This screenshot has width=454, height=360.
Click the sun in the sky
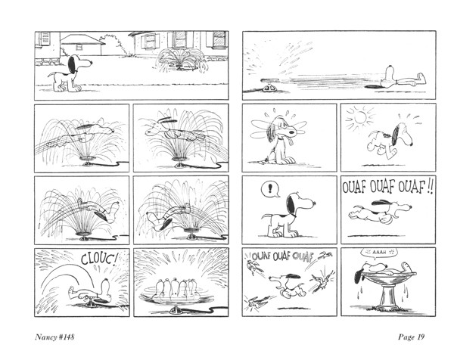pos(360,117)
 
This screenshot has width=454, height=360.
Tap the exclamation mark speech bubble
pos(270,189)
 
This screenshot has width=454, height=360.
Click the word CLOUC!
pos(99,259)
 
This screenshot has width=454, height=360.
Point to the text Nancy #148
pos(54,337)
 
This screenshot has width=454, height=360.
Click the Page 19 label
pos(411,337)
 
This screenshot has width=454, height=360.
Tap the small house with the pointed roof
pos(82,45)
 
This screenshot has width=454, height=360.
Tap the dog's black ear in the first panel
pos(72,64)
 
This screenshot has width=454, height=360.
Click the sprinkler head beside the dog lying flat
pos(269,86)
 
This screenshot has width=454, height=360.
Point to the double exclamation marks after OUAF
pos(430,188)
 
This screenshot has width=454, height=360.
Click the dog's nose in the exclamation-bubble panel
pos(313,204)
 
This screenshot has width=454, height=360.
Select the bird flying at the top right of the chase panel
pos(325,255)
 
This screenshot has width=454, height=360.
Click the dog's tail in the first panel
pos(53,75)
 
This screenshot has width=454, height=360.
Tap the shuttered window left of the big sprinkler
pos(150,41)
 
